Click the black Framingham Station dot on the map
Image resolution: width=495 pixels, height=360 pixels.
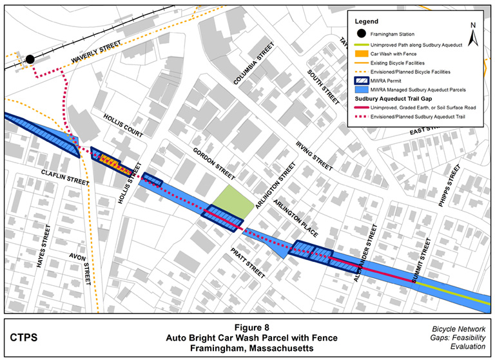30,59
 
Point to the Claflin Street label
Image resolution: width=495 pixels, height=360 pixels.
64,177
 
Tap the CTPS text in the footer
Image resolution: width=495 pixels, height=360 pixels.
24,337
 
